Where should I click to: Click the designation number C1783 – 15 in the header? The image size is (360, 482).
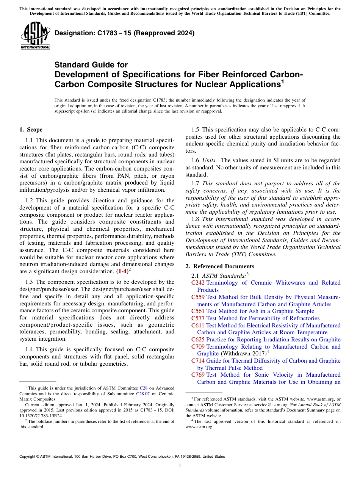pos(124,33)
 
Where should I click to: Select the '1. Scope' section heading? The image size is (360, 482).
pos(31,130)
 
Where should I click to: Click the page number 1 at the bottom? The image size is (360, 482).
pos(180,465)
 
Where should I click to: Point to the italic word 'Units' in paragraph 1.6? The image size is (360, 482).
pos(208,161)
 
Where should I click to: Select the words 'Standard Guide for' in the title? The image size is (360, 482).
pos(91,65)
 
